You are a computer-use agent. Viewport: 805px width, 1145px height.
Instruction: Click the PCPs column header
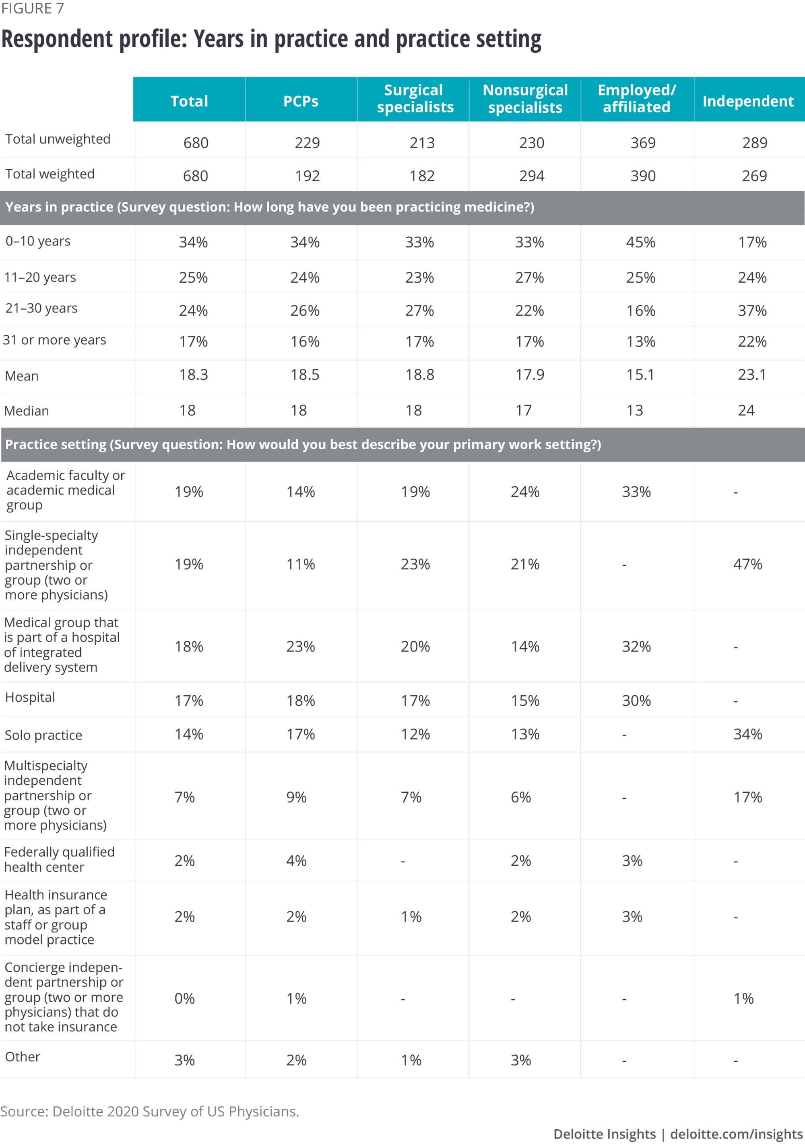click(301, 101)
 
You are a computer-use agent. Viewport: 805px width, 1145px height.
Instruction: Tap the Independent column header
click(748, 101)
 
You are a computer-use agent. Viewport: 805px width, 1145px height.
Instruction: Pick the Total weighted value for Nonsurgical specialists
click(531, 176)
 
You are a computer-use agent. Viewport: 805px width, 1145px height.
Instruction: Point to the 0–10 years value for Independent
click(751, 242)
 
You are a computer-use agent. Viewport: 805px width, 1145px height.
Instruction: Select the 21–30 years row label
click(41, 308)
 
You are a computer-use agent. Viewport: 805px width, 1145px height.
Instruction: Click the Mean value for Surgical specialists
click(419, 374)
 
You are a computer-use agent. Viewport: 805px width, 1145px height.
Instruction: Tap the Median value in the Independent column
click(746, 410)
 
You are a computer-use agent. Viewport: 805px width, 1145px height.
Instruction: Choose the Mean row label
click(21, 376)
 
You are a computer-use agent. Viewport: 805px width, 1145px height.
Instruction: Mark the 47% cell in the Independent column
click(747, 564)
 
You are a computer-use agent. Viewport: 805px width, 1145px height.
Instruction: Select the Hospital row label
click(30, 697)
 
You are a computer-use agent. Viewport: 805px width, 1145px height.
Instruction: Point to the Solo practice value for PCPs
click(300, 734)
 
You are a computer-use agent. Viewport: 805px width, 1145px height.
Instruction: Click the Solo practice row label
click(43, 735)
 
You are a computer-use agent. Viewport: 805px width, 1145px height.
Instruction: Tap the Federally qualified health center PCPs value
click(296, 861)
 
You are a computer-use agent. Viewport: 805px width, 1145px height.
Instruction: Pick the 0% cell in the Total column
click(184, 998)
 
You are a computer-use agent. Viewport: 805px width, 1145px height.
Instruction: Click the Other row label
click(23, 1057)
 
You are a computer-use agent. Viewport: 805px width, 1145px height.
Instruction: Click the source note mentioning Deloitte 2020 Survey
click(150, 1112)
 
